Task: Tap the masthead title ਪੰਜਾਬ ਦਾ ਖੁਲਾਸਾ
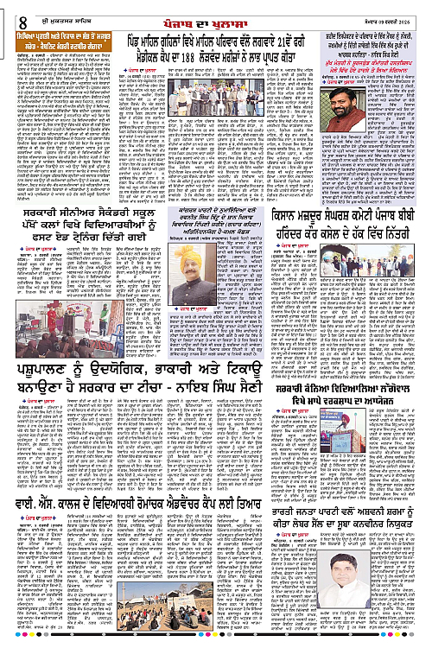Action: click(216, 9)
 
